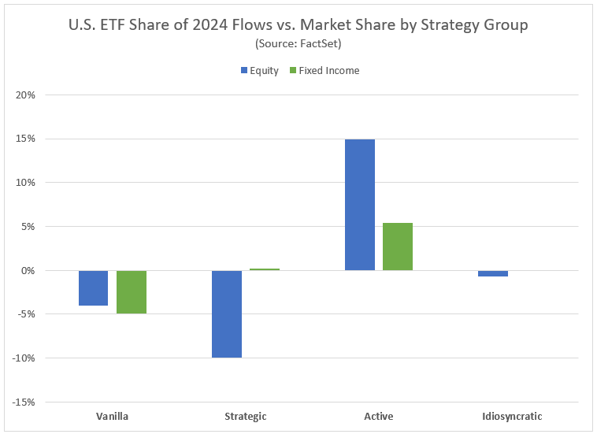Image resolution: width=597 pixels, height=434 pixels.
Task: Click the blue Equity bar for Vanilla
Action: [x=93, y=287]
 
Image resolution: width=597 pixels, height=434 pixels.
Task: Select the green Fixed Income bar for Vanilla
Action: [x=132, y=291]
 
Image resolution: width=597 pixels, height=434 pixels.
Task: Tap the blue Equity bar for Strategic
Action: [x=227, y=313]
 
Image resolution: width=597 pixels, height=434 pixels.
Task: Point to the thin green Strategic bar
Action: [x=265, y=269]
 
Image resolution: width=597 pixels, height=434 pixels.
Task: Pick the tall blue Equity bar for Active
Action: [x=360, y=205]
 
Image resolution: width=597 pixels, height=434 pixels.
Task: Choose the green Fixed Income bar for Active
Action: [x=398, y=247]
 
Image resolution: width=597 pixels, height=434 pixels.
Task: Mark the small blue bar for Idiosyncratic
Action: [x=493, y=273]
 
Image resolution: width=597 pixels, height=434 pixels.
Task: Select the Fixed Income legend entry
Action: [x=326, y=71]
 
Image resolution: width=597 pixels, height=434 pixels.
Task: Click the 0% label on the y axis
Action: [x=28, y=271]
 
